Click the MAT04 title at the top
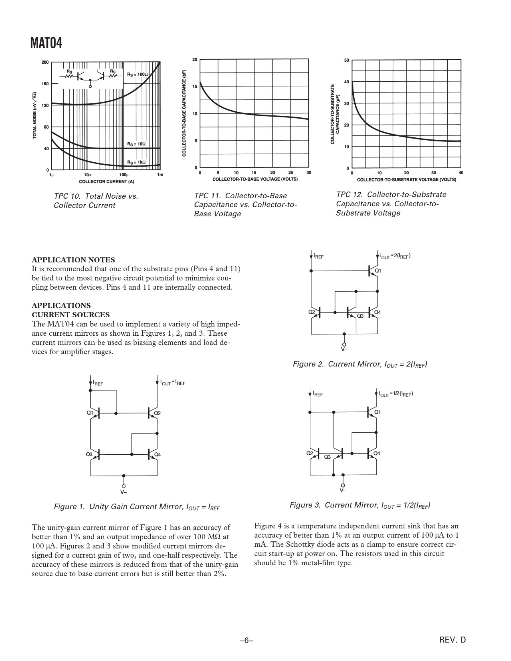46,43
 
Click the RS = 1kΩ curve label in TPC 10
137,162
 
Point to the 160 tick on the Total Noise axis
45,84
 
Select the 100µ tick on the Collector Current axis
124,175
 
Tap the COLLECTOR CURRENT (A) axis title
106,181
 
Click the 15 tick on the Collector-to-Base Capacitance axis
195,87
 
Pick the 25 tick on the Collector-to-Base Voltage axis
291,173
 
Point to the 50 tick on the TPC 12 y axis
347,60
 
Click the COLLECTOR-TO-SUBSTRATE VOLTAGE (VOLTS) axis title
406,179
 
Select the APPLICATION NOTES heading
73,260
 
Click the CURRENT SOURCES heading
71,314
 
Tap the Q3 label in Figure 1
89,454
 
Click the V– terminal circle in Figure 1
124,486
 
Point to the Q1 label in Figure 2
378,271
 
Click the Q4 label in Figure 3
377,453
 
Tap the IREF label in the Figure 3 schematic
318,395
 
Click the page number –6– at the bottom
246,640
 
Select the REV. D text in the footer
453,640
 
